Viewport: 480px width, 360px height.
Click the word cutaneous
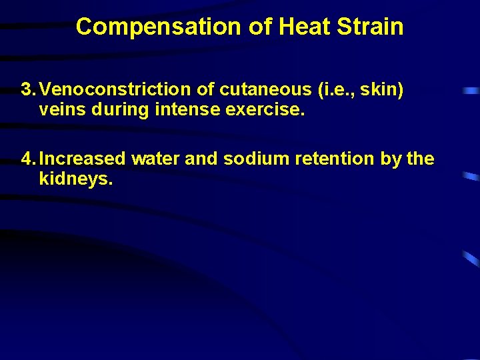245,89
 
